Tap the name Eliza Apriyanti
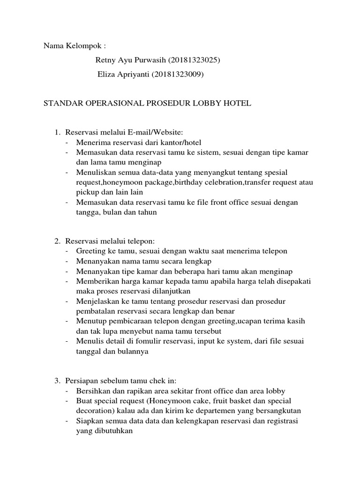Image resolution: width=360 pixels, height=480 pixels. point(123,74)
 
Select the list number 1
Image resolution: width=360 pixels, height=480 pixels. point(57,133)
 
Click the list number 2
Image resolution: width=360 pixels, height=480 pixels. point(57,241)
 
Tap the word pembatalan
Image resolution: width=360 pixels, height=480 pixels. point(96,311)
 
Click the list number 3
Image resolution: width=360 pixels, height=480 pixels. point(57,380)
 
